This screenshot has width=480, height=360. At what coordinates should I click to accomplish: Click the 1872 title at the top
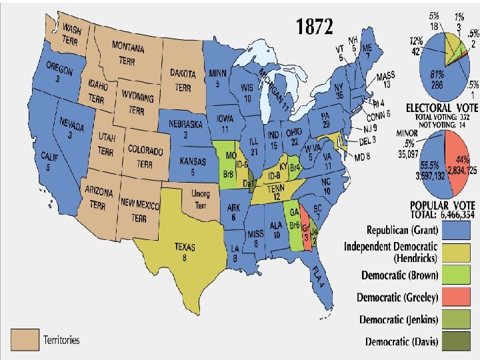click(314, 27)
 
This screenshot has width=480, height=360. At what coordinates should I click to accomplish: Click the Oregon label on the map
click(58, 73)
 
